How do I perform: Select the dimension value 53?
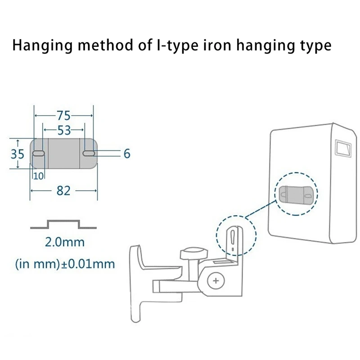point(64,130)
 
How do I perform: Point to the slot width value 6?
point(126,154)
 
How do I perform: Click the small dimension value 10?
point(38,176)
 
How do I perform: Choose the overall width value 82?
point(63,191)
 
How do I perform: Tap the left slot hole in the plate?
point(39,154)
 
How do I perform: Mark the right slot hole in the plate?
point(89,154)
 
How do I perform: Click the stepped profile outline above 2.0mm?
point(63,224)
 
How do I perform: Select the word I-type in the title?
point(178,46)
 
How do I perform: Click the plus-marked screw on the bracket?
point(216,281)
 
